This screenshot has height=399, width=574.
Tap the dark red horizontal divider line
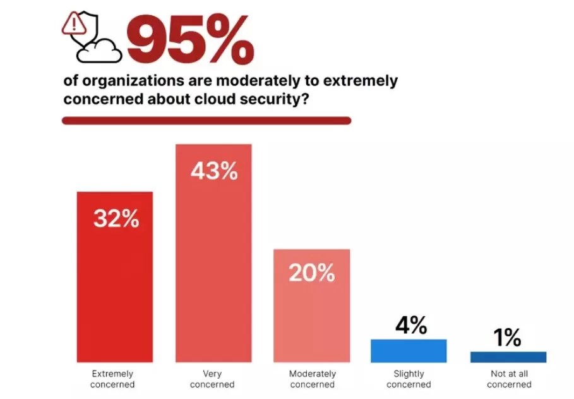pos(206,120)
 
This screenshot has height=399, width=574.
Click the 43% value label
pos(214,171)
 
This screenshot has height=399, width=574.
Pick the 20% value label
pos(311,273)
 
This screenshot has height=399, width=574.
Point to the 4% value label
pos(410,326)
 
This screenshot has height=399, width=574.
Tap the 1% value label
pos(507,338)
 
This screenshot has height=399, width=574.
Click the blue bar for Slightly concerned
pos(409,351)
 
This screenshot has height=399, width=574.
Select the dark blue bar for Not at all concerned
pos(508,357)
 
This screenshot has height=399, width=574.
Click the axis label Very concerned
pos(213,379)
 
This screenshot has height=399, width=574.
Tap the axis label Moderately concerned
pos(311,379)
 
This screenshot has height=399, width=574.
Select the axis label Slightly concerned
pos(409,379)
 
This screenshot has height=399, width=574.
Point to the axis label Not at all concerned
pos(509,379)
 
